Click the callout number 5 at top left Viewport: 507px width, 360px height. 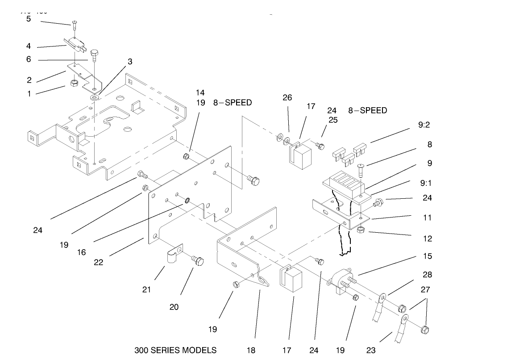coord(28,19)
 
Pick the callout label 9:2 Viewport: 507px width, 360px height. coord(424,126)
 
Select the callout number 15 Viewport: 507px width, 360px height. coord(427,256)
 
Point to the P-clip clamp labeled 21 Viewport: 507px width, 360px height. coord(173,254)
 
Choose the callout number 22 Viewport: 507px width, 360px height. coord(98,262)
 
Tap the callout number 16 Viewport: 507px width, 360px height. coord(81,252)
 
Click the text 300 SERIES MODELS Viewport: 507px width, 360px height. coord(175,350)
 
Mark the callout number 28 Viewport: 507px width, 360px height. coord(427,275)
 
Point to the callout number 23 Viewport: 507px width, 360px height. coord(371,351)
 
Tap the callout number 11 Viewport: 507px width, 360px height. coord(427,218)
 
